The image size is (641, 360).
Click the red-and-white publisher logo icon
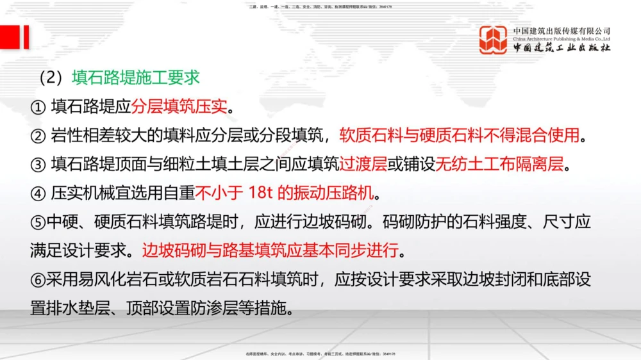tap(494, 40)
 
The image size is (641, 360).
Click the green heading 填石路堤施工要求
tap(136, 78)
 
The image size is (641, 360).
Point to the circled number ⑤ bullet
tap(37, 222)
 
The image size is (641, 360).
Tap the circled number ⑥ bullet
tap(37, 280)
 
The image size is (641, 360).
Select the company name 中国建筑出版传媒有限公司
tap(562, 31)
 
